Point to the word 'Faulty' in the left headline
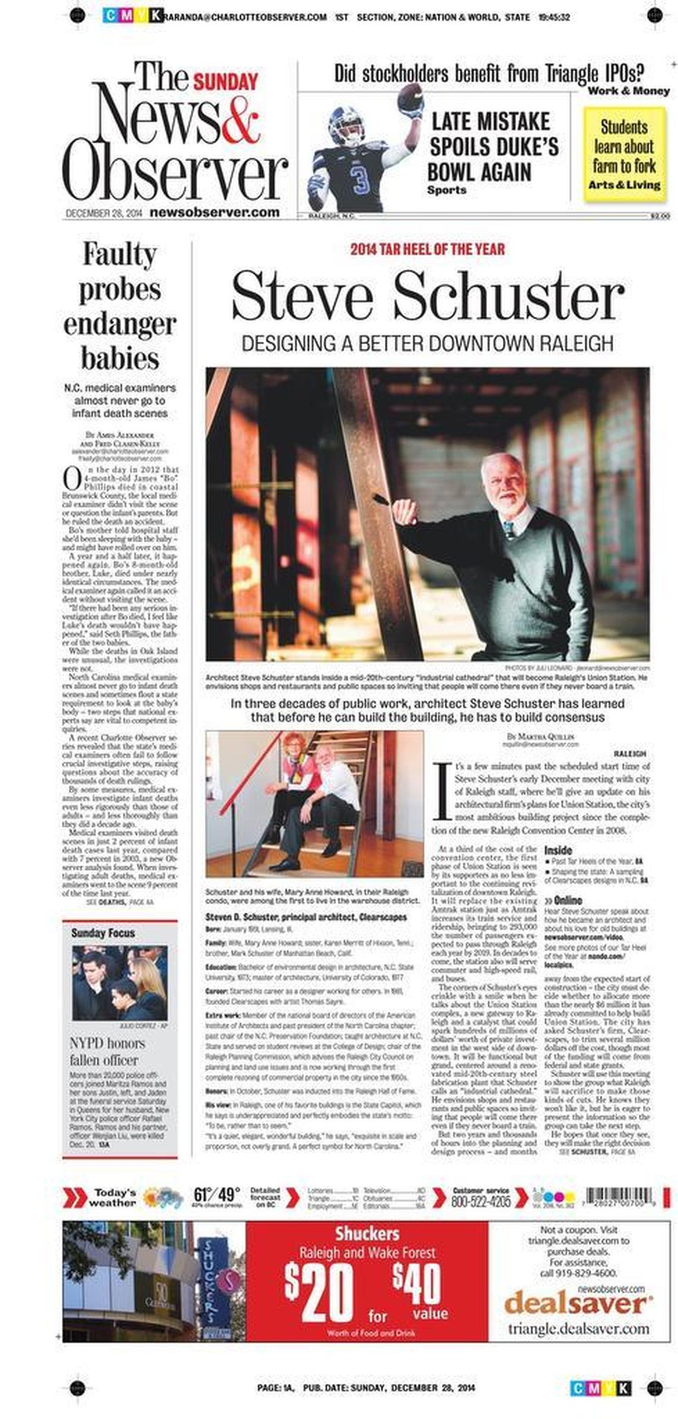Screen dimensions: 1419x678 [x=120, y=254]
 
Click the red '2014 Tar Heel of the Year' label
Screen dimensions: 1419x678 [x=427, y=249]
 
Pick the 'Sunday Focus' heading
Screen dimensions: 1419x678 [x=103, y=933]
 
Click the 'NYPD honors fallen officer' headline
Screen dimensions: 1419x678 [x=107, y=1052]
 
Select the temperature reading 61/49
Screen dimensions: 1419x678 [x=216, y=1194]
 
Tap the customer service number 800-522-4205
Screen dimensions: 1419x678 [x=481, y=1201]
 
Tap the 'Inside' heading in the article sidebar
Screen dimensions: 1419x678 [x=558, y=851]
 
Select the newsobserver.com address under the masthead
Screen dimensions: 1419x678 [x=215, y=212]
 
